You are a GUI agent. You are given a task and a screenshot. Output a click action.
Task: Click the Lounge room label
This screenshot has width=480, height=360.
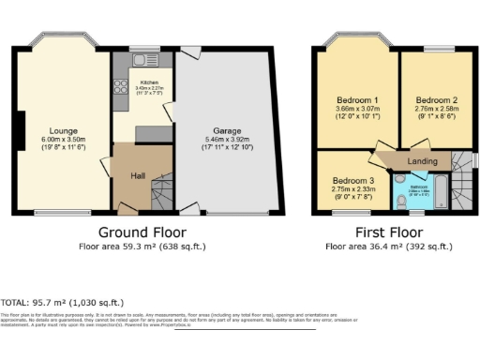click(x=64, y=130)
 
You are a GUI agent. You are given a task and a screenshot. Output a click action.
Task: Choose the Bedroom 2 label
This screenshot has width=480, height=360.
click(x=436, y=99)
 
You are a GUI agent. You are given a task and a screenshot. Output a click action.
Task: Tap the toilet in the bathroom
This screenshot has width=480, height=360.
click(x=400, y=199)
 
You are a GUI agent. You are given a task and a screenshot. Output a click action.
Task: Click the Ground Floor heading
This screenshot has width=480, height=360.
click(x=142, y=232)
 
